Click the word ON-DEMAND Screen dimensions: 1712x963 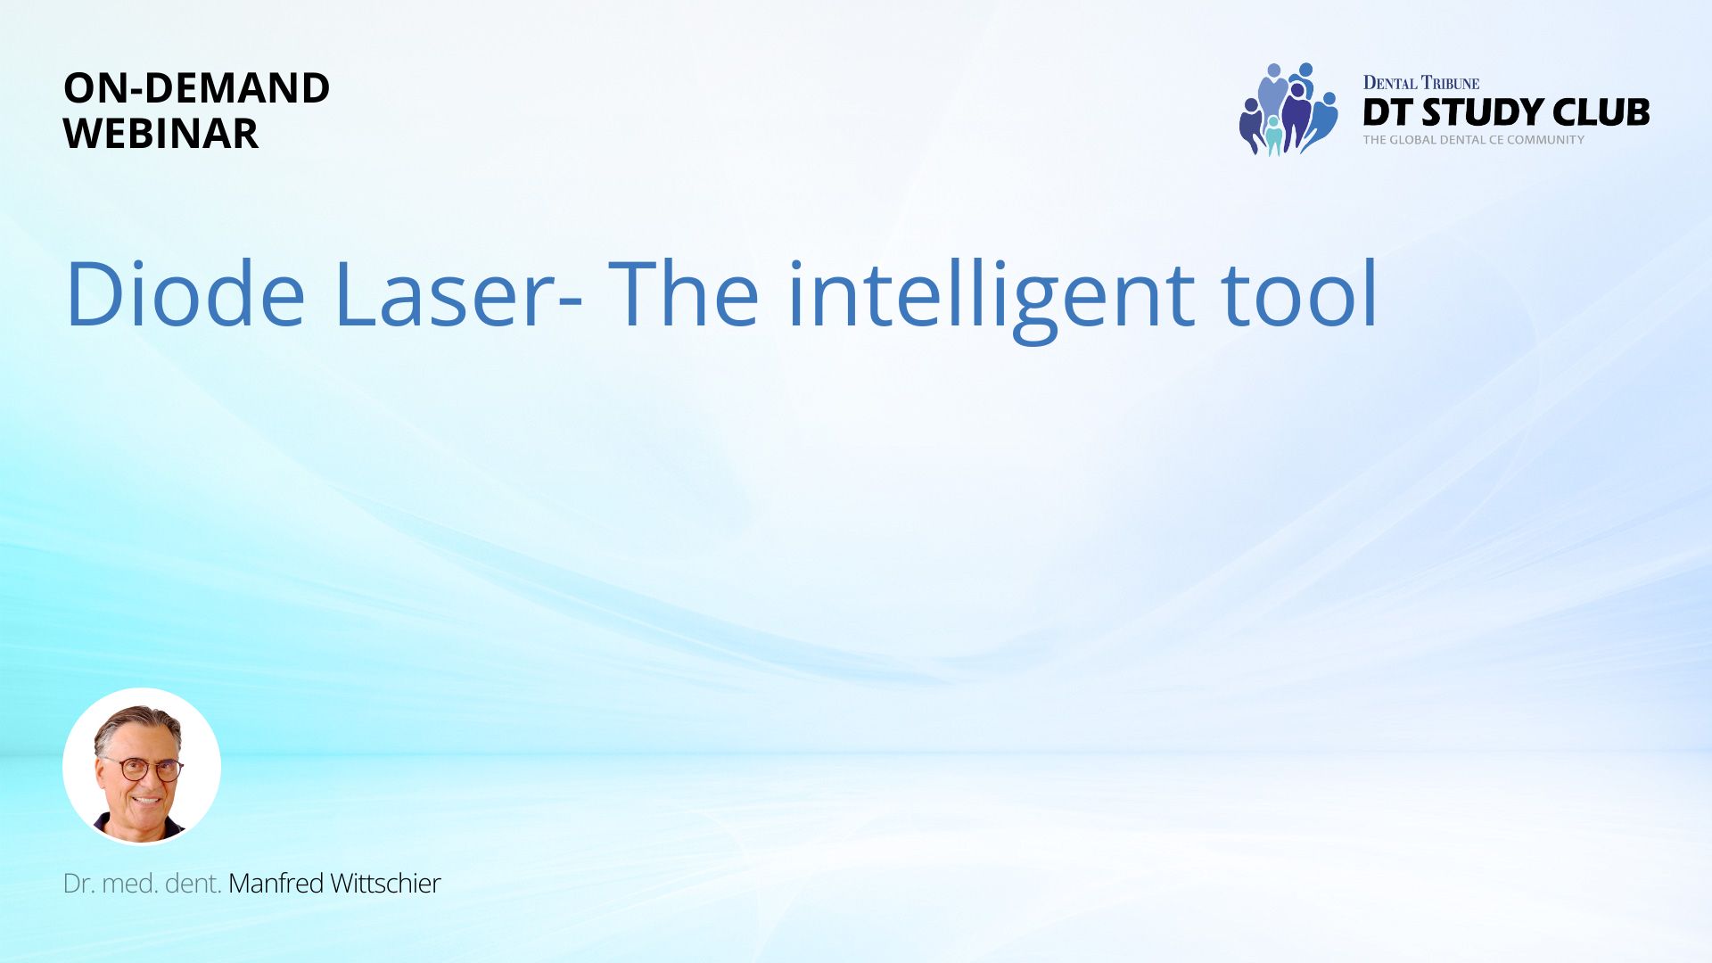pos(197,87)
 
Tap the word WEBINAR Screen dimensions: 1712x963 pos(161,134)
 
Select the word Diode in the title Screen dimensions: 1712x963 pos(185,294)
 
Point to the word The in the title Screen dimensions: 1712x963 pos(684,294)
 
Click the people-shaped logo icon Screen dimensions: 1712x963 pos(1288,109)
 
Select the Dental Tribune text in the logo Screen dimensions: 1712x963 pos(1421,83)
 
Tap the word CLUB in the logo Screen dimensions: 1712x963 pos(1601,112)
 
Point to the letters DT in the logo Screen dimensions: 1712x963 pos(1389,112)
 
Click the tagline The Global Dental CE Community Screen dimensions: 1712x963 pos(1474,140)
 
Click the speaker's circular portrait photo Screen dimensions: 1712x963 pos(142,767)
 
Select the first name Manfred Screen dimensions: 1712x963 pos(276,884)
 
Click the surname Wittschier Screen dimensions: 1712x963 pos(385,884)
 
